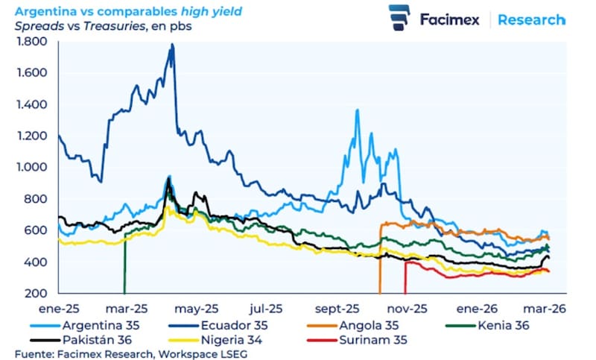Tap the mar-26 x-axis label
548,307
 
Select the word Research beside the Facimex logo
531,19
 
